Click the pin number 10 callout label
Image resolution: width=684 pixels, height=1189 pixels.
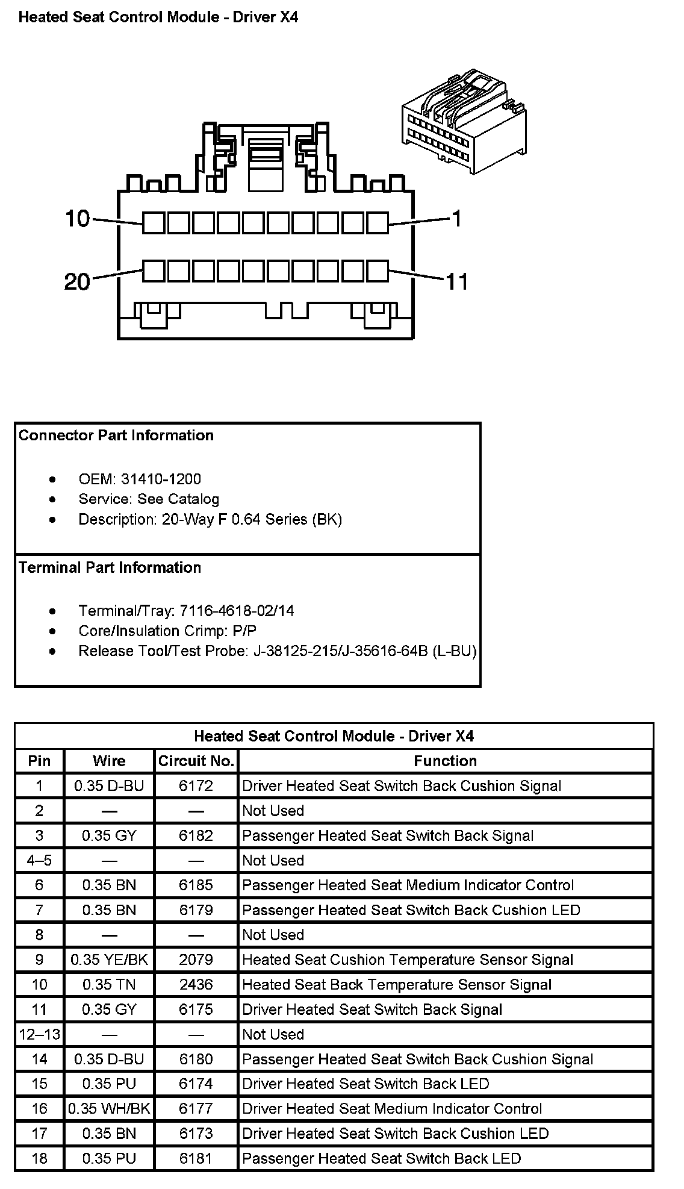click(78, 219)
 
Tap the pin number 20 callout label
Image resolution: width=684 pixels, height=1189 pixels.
click(77, 281)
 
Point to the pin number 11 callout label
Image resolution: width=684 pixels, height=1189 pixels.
click(456, 281)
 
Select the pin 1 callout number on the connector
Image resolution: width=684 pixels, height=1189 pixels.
click(456, 219)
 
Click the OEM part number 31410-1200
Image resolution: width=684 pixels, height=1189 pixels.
click(161, 479)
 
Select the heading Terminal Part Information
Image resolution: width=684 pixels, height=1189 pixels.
click(110, 567)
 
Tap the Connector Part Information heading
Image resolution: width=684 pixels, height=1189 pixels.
click(116, 435)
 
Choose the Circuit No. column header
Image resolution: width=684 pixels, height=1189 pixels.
click(196, 761)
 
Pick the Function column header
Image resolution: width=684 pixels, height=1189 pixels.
click(445, 761)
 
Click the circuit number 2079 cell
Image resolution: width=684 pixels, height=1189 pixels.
click(196, 960)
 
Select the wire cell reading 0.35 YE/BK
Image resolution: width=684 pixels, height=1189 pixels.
click(109, 960)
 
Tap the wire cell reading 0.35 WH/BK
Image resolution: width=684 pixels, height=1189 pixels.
click(109, 1108)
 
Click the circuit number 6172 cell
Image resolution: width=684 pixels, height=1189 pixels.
click(196, 785)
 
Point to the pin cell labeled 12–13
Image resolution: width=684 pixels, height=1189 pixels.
click(39, 1034)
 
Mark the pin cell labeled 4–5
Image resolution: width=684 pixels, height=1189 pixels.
click(39, 860)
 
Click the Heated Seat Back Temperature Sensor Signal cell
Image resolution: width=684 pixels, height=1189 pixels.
click(397, 984)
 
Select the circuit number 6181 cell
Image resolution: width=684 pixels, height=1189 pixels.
click(196, 1158)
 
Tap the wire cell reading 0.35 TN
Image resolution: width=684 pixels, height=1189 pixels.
click(109, 984)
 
